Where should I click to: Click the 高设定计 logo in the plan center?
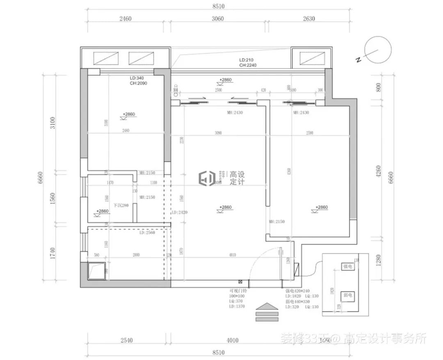coord(221,178)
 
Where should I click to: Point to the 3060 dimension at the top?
coord(217,18)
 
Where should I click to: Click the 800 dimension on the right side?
coord(378,87)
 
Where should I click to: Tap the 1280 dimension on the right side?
coord(378,260)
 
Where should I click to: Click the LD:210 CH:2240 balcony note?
coord(248,62)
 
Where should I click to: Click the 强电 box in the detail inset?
coord(347,267)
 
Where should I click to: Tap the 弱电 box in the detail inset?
coord(347,295)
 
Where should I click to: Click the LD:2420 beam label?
coord(179,212)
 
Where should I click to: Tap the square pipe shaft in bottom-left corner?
coord(97,271)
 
